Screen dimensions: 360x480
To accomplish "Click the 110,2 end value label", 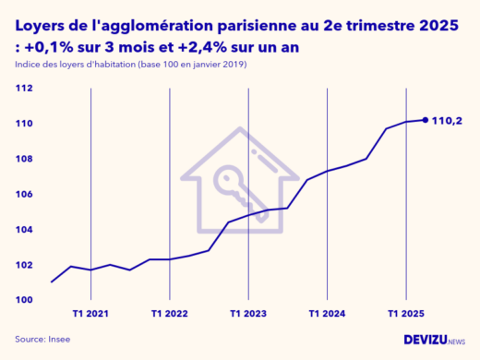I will [448, 119].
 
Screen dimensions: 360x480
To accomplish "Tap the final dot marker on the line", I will [425, 119].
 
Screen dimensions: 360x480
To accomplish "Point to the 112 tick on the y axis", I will [24, 89].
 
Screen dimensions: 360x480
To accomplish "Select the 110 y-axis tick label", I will [24, 124].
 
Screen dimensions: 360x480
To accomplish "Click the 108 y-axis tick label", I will [24, 159].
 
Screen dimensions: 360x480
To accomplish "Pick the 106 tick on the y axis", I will [24, 195].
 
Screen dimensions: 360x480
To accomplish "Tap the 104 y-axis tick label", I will [24, 230].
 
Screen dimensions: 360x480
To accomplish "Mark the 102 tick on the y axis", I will [24, 265].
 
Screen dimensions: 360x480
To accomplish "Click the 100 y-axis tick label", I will [24, 300].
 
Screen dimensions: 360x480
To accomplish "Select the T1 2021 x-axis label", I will [90, 314].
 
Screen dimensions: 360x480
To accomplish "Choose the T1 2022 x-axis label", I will [169, 314].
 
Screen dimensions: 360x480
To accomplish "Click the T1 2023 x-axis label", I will [248, 314].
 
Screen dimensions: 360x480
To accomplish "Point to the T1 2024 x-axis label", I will [327, 314].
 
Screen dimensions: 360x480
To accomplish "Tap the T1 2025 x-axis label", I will [406, 314].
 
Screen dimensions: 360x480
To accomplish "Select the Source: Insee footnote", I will [42, 340].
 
